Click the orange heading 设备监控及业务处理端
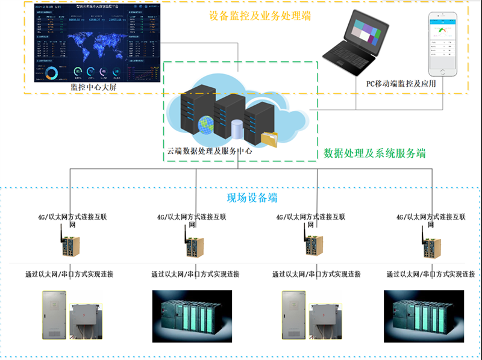pyautogui.click(x=260, y=16)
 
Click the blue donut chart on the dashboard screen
pyautogui.click(x=52, y=73)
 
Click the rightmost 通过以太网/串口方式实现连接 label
pyautogui.click(x=430, y=274)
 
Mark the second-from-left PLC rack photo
pyautogui.click(x=192, y=316)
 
